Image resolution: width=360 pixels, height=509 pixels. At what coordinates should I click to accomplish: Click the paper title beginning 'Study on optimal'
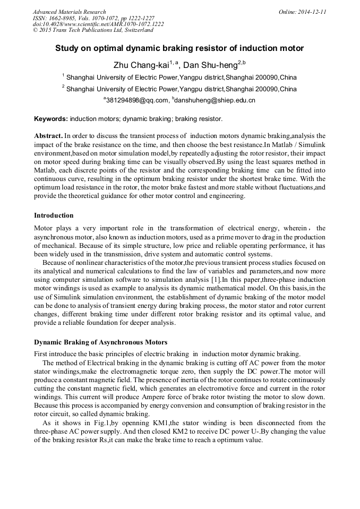(179, 48)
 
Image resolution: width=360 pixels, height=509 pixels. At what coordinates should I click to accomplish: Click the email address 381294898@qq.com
(137, 100)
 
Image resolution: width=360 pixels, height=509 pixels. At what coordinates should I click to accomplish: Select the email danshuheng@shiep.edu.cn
(215, 100)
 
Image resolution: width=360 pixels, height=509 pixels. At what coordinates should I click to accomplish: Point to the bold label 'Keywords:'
(51, 119)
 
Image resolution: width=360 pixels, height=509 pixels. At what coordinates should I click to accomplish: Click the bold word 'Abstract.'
(49, 136)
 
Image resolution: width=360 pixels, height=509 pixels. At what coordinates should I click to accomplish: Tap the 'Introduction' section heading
(54, 215)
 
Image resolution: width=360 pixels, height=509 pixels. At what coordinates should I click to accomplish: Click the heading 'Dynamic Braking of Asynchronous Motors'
(100, 342)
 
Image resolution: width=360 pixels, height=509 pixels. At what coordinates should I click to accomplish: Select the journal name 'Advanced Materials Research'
(69, 12)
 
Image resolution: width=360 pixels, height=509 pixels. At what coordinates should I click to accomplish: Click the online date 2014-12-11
(310, 12)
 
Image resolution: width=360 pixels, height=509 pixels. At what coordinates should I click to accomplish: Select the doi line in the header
(98, 24)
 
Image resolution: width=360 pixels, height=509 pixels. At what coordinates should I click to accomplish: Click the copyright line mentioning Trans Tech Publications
(93, 31)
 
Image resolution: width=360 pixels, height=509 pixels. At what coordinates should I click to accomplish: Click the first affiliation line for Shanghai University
(179, 77)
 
